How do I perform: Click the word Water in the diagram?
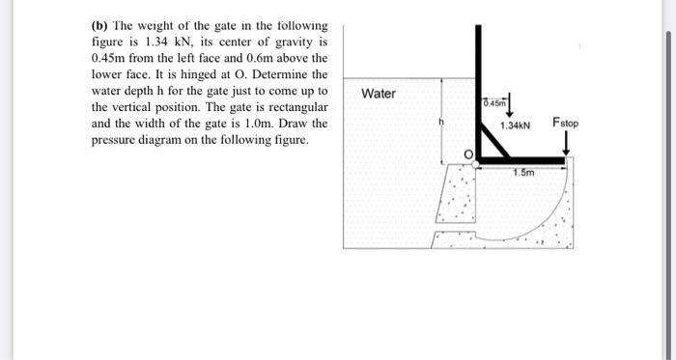point(379,94)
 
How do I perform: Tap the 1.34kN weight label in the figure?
point(518,126)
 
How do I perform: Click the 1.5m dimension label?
point(523,173)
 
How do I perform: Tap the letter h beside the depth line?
point(442,123)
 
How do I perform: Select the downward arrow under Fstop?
point(567,143)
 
